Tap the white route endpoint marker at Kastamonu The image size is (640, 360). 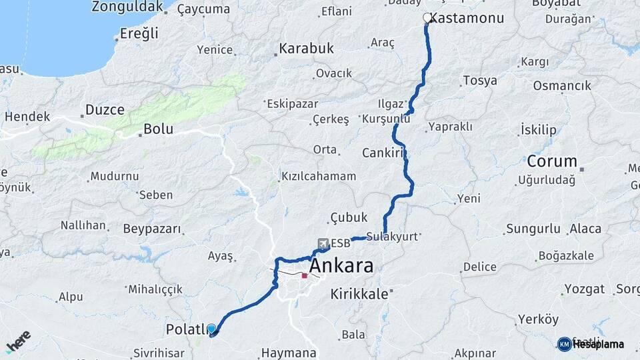427,18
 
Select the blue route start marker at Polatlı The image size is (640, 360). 211,329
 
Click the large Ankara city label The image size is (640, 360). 342,266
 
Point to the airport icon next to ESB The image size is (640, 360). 323,243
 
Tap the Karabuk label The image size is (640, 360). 306,49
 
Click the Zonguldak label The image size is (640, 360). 127,7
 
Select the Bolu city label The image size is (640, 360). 159,129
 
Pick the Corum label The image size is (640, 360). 551,161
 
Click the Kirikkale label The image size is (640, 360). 359,294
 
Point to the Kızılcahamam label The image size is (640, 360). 319,177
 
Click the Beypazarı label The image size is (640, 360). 152,229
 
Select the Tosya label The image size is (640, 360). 479,81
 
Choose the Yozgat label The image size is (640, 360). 585,289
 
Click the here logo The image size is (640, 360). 18,341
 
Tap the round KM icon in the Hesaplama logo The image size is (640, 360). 564,344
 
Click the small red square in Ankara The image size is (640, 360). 305,275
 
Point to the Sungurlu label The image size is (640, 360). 533,229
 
